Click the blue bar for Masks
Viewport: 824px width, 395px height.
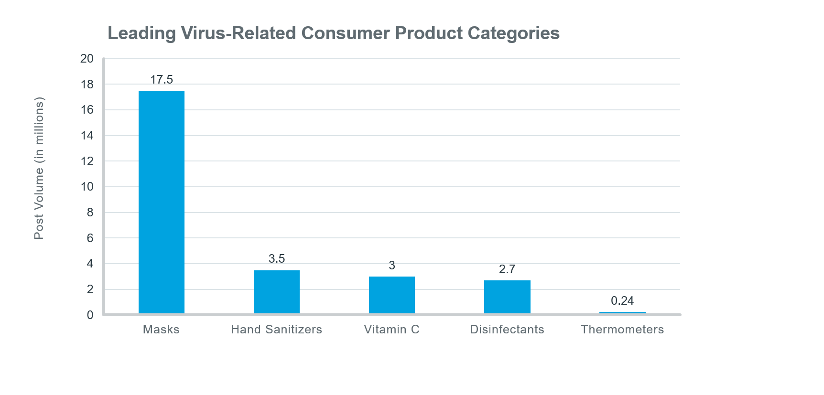click(162, 202)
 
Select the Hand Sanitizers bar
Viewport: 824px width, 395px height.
click(277, 292)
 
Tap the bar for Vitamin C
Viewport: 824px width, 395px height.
click(392, 295)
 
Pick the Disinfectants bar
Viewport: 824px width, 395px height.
click(507, 297)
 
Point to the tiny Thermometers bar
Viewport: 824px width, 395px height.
click(622, 313)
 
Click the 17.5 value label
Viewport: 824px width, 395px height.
click(162, 80)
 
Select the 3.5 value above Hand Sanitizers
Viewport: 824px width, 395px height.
click(277, 259)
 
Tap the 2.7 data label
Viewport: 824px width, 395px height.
click(507, 269)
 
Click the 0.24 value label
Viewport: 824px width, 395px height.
click(622, 301)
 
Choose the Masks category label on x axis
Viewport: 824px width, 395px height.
click(161, 330)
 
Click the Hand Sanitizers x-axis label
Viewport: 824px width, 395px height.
click(276, 330)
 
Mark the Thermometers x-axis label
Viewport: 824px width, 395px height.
click(622, 330)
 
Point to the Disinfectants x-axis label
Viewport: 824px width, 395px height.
click(507, 330)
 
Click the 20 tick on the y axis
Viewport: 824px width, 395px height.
click(87, 59)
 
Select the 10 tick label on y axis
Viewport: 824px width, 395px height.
click(87, 187)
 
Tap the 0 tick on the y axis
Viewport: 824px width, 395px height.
click(90, 315)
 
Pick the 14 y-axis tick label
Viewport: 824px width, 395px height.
click(87, 136)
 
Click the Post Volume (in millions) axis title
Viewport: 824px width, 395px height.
click(39, 168)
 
